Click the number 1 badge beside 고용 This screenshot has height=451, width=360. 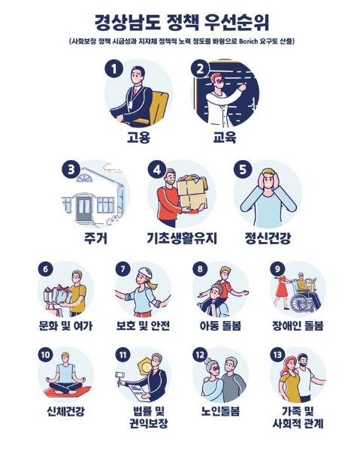[x=114, y=69]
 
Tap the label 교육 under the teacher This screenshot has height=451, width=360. [x=225, y=138]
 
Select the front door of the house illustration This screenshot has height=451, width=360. [x=83, y=208]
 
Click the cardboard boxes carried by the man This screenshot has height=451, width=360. [x=192, y=192]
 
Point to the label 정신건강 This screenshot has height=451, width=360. [x=268, y=238]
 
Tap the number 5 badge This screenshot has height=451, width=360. [x=243, y=169]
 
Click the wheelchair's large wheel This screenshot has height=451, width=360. [x=299, y=304]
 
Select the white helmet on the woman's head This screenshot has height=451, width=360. [x=146, y=273]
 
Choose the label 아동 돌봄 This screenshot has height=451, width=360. [x=220, y=325]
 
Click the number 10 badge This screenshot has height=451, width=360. [x=45, y=355]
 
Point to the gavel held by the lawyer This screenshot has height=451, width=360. [x=119, y=377]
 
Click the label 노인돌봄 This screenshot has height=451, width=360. [x=220, y=411]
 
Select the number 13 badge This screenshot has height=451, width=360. [x=277, y=355]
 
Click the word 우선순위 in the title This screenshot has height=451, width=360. [x=237, y=23]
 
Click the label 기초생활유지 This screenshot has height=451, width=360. [x=182, y=238]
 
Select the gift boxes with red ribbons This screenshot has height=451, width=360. [x=58, y=296]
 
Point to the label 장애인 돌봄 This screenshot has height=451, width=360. [x=298, y=325]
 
